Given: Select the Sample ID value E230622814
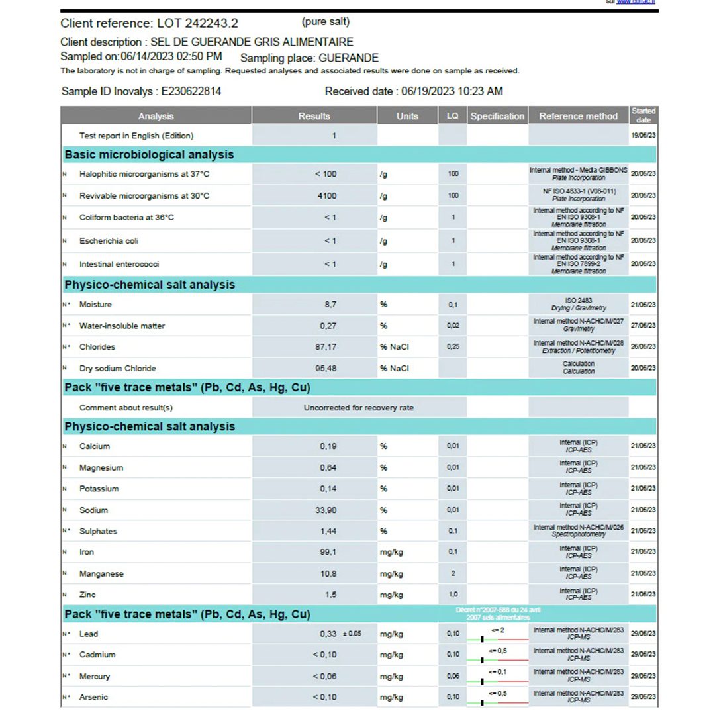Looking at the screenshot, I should click(191, 91).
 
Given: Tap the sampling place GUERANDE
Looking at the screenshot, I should click(349, 58).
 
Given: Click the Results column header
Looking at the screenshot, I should click(314, 116).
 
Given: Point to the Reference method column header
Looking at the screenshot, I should click(578, 116).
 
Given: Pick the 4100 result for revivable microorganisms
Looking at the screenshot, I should click(326, 196).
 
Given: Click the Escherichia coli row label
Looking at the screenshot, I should click(109, 241).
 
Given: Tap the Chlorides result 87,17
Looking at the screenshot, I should click(326, 347).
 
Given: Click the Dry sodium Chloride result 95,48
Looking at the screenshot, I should click(326, 368).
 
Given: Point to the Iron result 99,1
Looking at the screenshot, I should click(328, 552).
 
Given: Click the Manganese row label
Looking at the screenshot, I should click(101, 574).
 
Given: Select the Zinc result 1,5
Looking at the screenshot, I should click(330, 595).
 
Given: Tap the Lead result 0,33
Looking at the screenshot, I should click(328, 634).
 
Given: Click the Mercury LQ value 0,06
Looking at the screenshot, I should click(453, 676).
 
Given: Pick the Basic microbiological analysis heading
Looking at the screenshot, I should click(149, 155).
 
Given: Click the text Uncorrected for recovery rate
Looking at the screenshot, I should click(359, 408).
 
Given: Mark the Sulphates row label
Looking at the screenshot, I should click(98, 531).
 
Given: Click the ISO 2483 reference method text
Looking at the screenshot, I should click(578, 301).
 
